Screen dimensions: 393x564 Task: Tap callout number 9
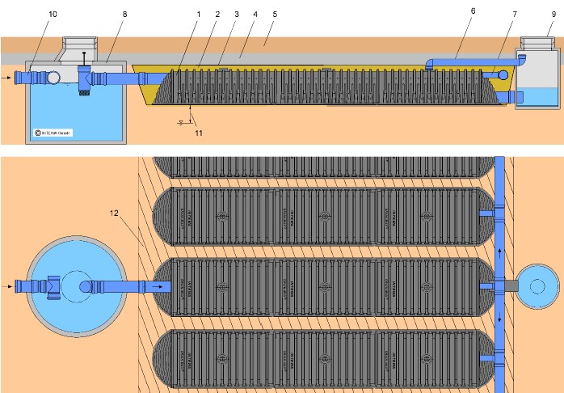552,14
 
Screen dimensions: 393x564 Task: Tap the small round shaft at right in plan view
537,286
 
